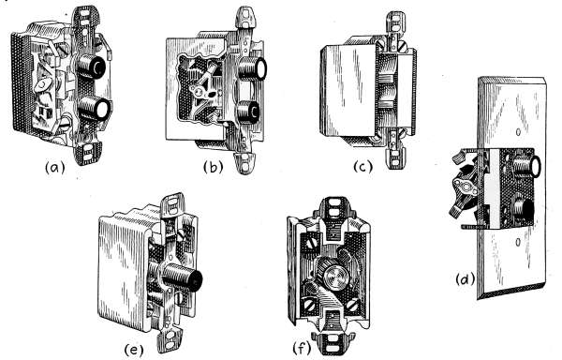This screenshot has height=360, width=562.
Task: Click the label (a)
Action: (x=55, y=167)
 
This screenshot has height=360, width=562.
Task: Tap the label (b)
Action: (x=214, y=167)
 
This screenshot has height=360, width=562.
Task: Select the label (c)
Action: (x=363, y=166)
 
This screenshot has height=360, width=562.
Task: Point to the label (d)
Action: (x=466, y=279)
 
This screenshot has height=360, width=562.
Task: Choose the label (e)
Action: (x=134, y=350)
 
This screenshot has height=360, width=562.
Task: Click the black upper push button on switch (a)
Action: (x=97, y=67)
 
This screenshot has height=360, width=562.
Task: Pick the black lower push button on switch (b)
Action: (x=254, y=112)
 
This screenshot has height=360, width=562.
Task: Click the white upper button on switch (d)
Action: (x=534, y=167)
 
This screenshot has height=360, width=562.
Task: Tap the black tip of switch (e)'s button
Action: (x=196, y=281)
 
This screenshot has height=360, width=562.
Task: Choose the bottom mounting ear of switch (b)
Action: (x=245, y=163)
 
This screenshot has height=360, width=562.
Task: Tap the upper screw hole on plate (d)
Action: (x=518, y=133)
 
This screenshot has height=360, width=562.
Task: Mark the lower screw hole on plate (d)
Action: (x=518, y=243)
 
